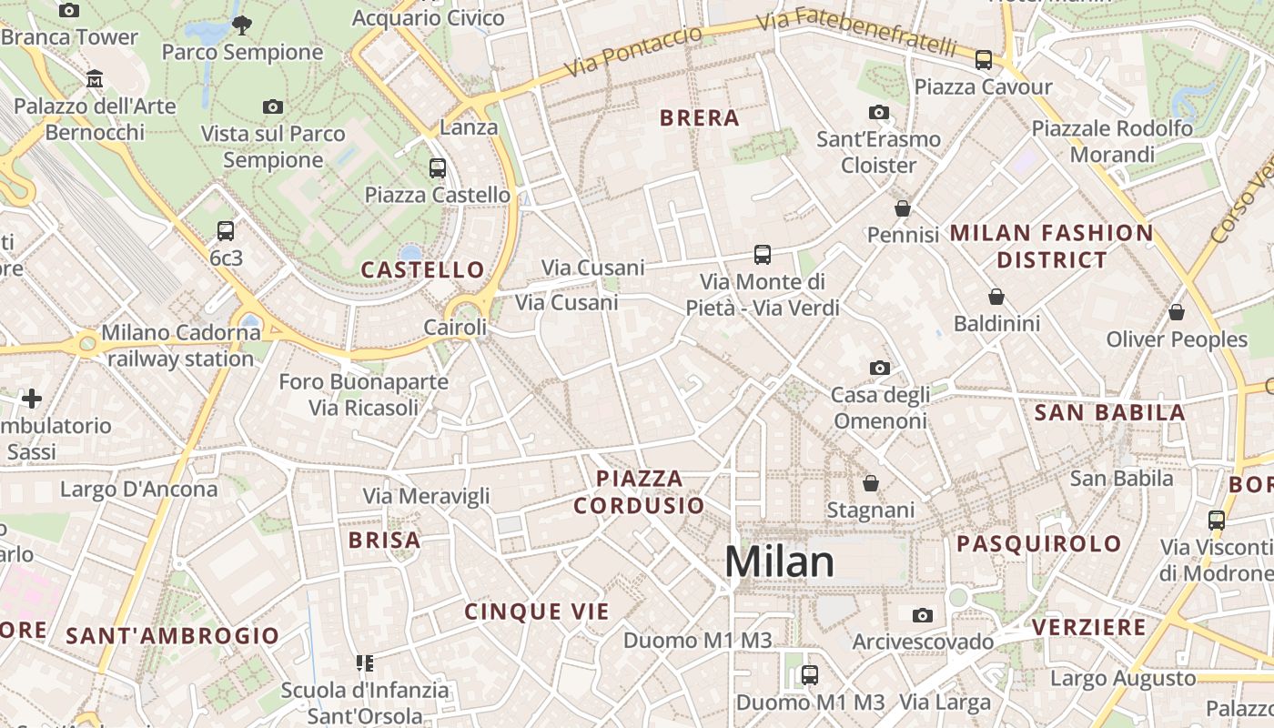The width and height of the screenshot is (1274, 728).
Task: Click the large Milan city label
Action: [x=779, y=562]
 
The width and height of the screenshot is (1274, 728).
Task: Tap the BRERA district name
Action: [x=699, y=118]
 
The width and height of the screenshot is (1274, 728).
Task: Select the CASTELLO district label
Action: [x=423, y=269]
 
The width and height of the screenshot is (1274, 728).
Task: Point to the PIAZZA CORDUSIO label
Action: [x=639, y=491]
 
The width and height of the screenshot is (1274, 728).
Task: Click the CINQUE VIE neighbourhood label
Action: [x=537, y=612]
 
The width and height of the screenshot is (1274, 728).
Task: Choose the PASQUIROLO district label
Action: [x=1038, y=544]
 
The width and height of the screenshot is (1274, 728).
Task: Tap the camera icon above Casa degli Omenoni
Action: [x=879, y=368]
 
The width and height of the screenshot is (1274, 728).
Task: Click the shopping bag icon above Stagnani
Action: [x=871, y=482]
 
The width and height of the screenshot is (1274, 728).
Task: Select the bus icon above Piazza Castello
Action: [x=438, y=167]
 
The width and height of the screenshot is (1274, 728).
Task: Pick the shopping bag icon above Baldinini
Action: [x=996, y=297]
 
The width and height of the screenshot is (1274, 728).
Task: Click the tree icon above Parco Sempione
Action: [x=242, y=25]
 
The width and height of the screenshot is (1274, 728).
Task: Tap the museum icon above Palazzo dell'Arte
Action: [x=95, y=79]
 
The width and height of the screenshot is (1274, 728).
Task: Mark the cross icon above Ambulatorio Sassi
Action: [x=32, y=399]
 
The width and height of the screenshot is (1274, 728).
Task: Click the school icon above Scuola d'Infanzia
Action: [x=365, y=662]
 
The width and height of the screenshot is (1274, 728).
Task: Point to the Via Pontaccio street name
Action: [x=632, y=51]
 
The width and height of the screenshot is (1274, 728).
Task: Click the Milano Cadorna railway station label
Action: [x=181, y=346]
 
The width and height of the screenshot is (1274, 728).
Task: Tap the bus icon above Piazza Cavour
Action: [x=983, y=60]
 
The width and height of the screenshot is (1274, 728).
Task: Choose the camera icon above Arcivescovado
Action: [x=923, y=615]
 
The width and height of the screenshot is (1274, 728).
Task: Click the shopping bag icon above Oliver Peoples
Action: [x=1177, y=312]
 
